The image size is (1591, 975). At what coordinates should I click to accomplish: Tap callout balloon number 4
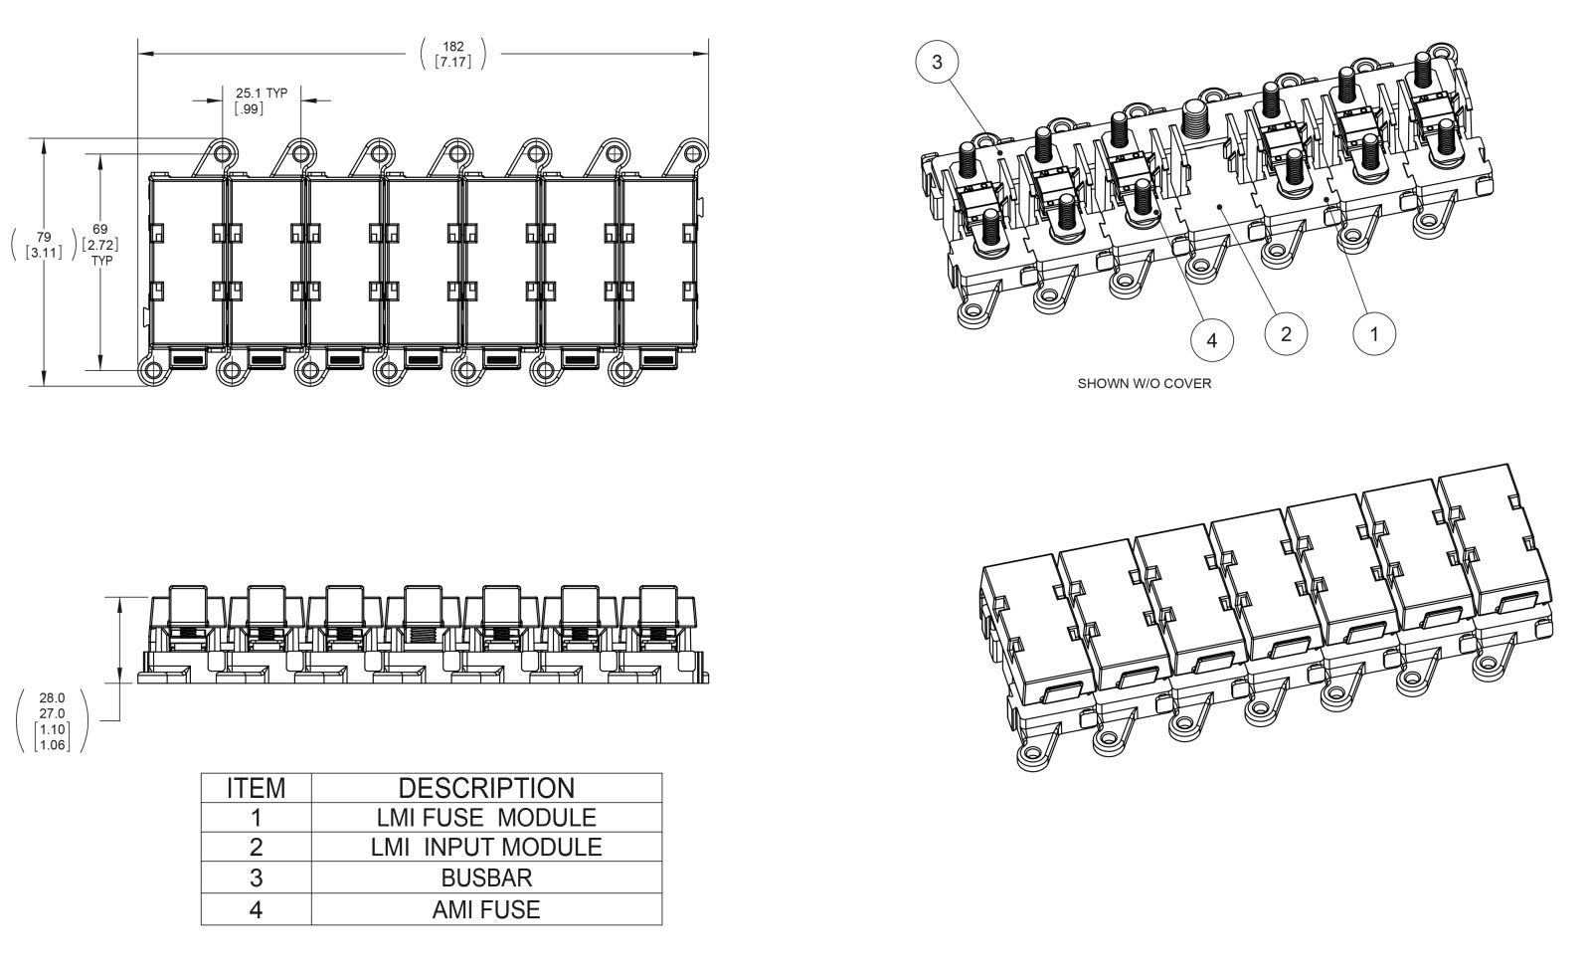[1211, 340]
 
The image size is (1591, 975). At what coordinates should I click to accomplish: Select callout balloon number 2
[1287, 333]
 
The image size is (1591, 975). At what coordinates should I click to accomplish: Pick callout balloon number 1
[1375, 333]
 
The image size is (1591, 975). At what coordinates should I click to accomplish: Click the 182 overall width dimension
[453, 46]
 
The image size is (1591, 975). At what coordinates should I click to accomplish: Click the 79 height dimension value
[44, 237]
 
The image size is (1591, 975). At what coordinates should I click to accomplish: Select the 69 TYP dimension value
[100, 229]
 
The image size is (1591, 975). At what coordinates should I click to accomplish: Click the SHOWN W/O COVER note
[1145, 384]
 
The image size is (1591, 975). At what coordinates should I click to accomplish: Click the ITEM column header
[256, 789]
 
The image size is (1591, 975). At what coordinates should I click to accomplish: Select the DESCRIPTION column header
[486, 789]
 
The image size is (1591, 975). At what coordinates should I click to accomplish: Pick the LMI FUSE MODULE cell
[486, 818]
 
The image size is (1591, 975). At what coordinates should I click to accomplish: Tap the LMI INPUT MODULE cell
[486, 848]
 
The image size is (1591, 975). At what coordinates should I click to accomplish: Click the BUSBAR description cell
[486, 878]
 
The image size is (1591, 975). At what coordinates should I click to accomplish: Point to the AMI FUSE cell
[486, 909]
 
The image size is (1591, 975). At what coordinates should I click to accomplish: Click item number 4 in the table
[256, 909]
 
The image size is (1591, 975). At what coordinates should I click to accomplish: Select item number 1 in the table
[256, 818]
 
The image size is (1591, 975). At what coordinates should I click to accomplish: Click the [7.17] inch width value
[453, 62]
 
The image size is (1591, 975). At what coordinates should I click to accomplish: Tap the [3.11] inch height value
[44, 253]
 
